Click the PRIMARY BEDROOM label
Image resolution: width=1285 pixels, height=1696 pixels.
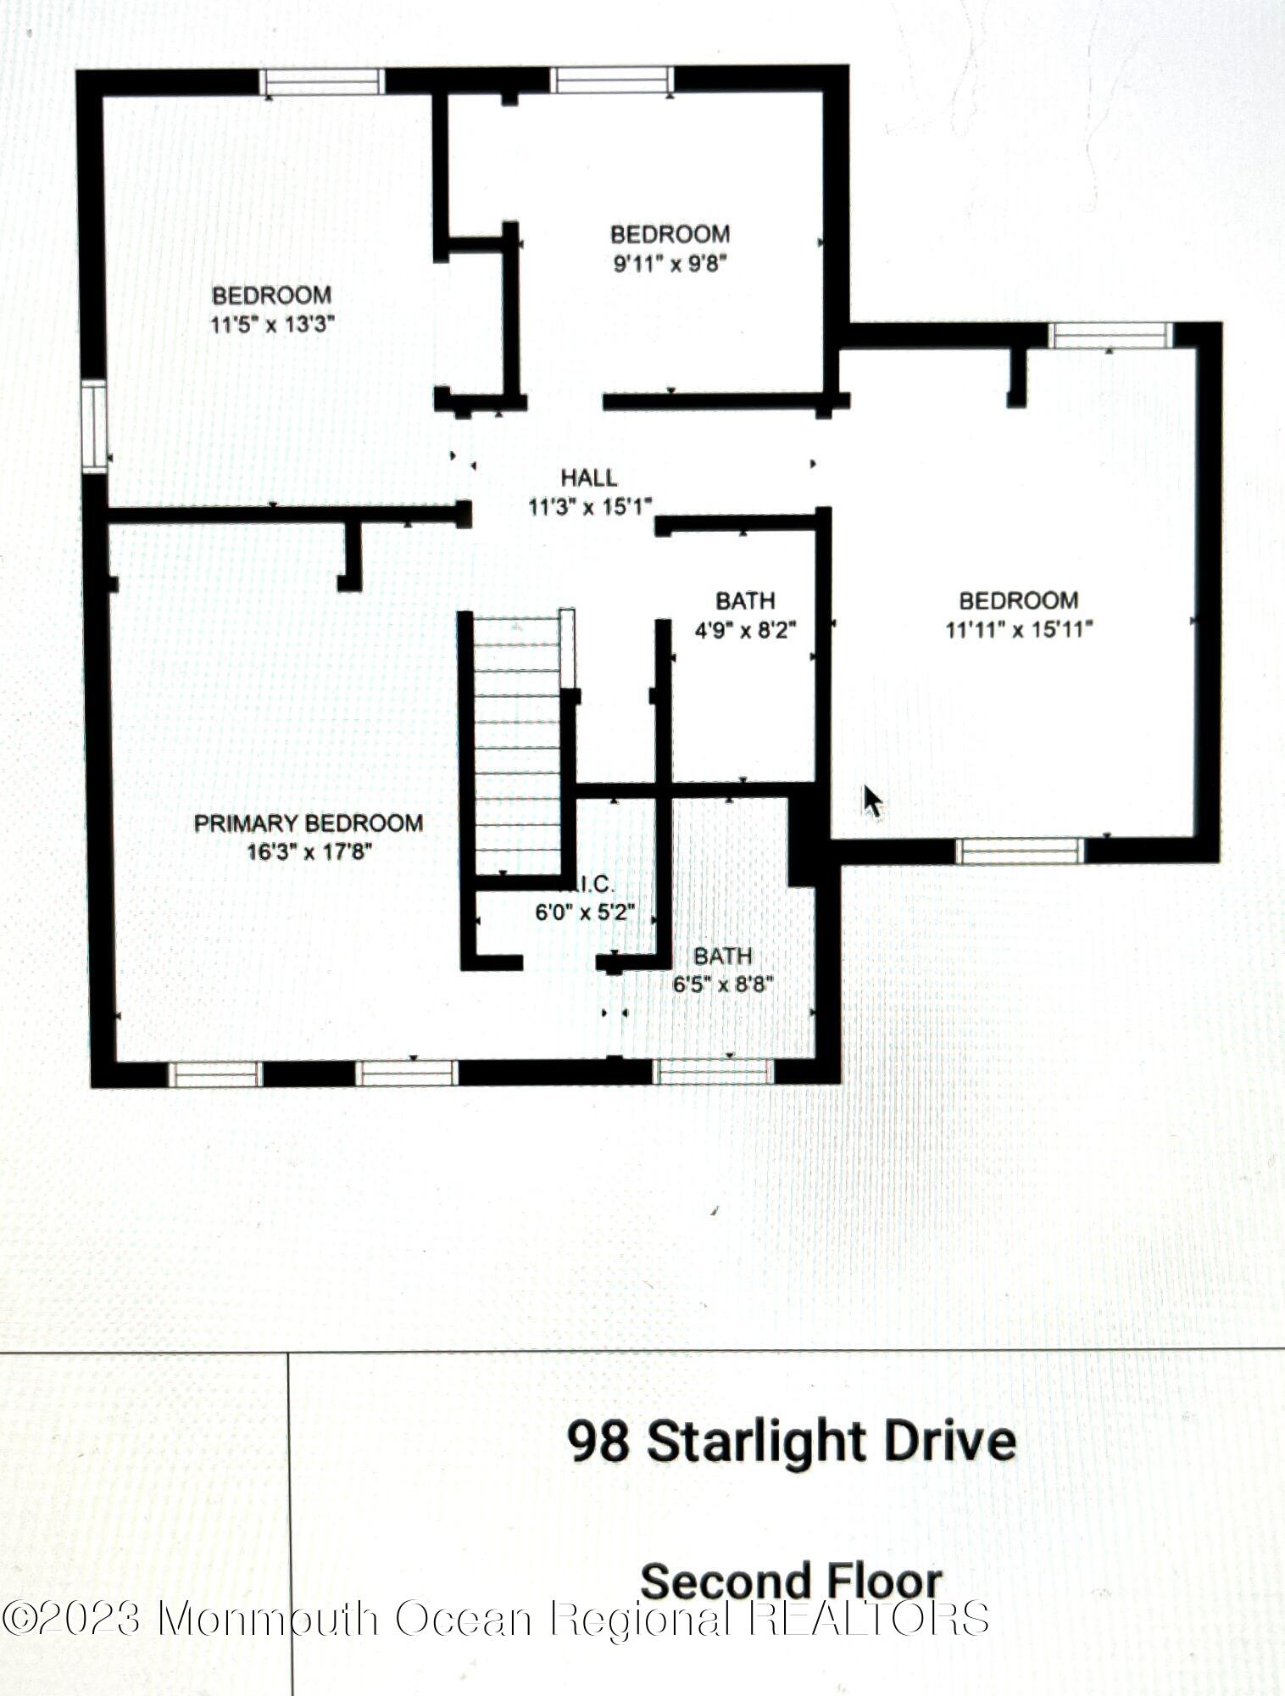coord(309,823)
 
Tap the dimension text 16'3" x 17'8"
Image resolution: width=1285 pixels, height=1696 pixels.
coord(309,851)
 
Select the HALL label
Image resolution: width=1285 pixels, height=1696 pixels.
coord(589,477)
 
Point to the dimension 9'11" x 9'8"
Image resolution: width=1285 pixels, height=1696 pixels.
coord(670,263)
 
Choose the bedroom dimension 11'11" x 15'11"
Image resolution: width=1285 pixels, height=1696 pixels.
coord(1019,629)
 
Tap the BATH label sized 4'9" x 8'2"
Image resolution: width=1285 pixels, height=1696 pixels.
coord(745,600)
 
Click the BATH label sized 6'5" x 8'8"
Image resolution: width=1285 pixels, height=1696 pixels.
coord(722,956)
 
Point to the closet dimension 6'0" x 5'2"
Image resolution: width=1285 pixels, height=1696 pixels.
coord(585,913)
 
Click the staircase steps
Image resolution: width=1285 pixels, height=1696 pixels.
coord(515,746)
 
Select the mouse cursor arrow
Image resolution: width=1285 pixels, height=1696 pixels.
coord(871,801)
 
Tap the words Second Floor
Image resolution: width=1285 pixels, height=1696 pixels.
coord(791,1582)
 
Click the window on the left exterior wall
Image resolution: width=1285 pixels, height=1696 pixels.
coord(95,427)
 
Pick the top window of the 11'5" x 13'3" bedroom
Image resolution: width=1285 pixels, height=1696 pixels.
coord(321,81)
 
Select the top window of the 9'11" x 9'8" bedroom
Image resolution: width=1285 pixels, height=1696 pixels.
coord(611,80)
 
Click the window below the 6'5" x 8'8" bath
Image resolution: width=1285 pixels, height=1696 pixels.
coord(713,1072)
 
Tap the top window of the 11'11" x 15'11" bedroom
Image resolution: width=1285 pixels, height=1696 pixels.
coord(1110,335)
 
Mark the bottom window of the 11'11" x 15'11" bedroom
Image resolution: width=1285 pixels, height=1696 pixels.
coord(1020,851)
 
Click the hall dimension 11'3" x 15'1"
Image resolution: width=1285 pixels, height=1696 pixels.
coord(590,507)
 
